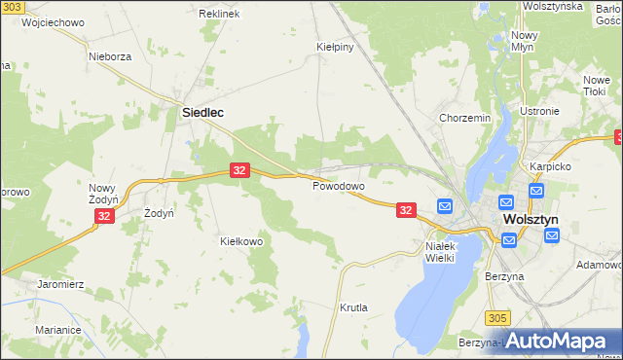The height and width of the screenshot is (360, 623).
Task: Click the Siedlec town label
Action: pos(203,113)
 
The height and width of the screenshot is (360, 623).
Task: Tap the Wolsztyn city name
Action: pos(531,220)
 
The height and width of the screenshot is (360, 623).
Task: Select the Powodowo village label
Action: pos(338,185)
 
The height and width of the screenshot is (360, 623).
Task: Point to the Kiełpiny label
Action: pos(333,46)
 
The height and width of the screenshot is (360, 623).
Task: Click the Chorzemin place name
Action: pos(464,119)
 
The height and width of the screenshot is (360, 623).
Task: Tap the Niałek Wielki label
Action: pos(448,252)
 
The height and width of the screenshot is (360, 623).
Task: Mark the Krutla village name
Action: pos(353,307)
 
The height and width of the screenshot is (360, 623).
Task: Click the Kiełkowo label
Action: pos(242,241)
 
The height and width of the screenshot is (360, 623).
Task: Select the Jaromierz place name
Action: pos(61,284)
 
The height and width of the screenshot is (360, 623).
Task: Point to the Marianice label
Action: pos(58,330)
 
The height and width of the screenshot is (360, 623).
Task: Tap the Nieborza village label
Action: pos(110,56)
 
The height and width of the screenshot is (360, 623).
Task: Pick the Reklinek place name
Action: pos(219,15)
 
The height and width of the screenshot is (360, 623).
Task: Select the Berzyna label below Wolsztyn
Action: pos(504,276)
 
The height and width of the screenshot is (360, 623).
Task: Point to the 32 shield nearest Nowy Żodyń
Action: pos(106,217)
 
